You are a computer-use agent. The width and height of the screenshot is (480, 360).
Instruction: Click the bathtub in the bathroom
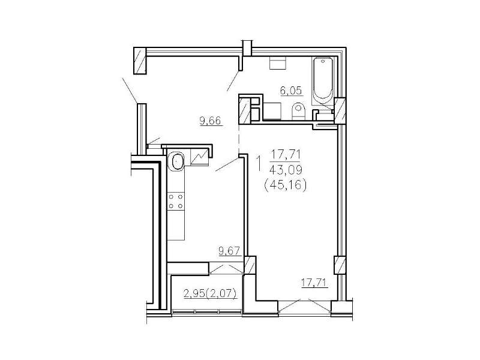tap(322, 81)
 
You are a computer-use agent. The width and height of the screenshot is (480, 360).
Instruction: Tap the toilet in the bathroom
tap(298, 111)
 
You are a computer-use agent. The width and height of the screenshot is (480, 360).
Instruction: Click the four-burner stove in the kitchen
tap(176, 201)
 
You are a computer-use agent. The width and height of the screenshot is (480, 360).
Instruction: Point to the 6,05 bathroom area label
tap(291, 91)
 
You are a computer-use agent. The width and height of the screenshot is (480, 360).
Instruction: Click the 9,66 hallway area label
tap(210, 121)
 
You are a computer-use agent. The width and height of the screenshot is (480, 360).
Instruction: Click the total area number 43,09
tap(284, 169)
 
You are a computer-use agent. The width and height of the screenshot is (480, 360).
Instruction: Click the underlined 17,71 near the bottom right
tap(314, 283)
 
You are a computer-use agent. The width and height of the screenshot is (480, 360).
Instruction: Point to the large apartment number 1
tap(259, 163)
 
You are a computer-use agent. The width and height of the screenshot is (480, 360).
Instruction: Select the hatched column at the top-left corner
tap(140, 61)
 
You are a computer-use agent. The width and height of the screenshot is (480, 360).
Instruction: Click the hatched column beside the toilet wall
tap(245, 110)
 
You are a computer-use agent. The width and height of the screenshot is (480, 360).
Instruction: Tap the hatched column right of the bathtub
tap(340, 110)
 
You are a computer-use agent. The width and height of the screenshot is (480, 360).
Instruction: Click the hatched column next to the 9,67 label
tap(250, 265)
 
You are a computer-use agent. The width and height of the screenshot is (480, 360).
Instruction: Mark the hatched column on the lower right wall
tap(340, 265)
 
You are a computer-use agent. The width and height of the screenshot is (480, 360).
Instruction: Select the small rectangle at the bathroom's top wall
tap(278, 64)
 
